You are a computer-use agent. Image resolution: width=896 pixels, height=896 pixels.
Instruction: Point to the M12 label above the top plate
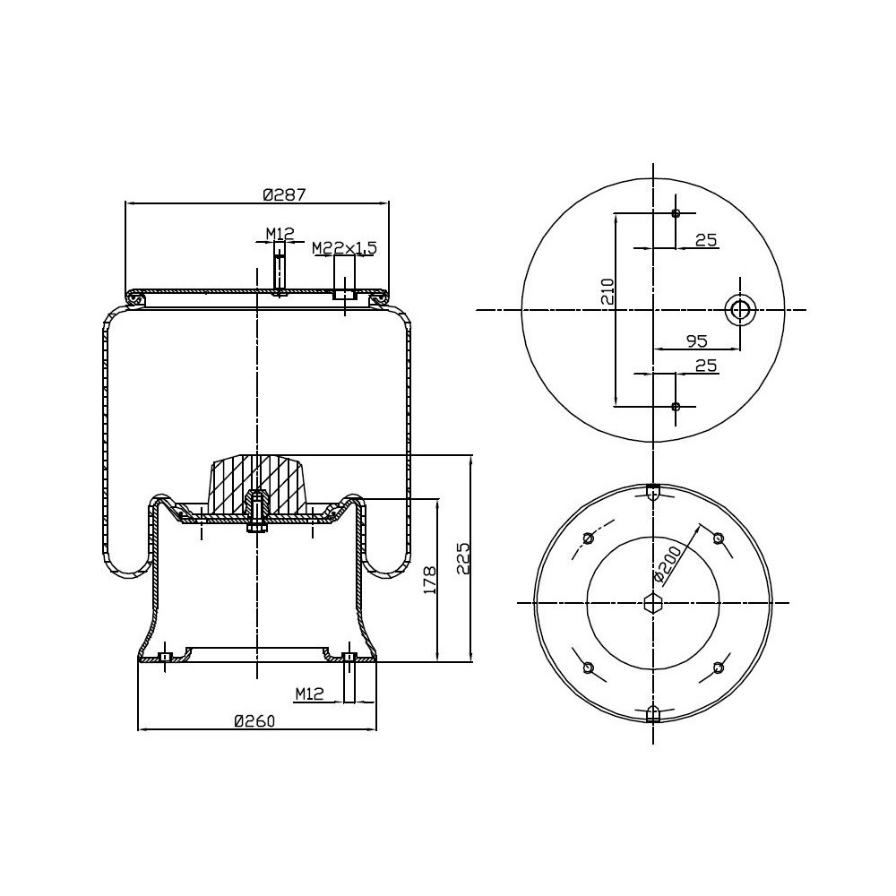pos(280,234)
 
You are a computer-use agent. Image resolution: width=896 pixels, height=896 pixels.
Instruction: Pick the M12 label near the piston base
pos(308,693)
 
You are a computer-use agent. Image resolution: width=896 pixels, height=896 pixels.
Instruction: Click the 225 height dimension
pos(461,559)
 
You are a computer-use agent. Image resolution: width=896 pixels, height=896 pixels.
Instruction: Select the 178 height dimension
pos(428,581)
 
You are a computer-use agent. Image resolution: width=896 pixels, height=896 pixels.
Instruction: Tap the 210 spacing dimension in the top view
pos(607,292)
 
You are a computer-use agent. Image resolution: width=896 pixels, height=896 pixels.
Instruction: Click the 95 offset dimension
pos(696,340)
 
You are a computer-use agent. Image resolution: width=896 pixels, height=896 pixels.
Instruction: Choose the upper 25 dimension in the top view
pos(706,239)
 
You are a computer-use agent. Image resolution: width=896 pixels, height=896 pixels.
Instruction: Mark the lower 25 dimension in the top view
pos(706,366)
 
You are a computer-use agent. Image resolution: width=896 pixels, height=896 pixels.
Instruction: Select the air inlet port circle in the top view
pos(740,310)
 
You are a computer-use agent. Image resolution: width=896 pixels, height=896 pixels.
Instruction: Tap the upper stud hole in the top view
pos(676,213)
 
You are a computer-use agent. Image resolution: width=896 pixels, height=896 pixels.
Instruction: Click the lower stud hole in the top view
pos(676,407)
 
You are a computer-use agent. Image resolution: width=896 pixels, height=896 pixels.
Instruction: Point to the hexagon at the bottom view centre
pos(653,602)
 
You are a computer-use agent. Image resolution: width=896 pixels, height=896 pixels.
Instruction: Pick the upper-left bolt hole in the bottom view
pos(588,538)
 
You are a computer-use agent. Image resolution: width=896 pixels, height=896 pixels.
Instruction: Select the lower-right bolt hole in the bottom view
pos(718,667)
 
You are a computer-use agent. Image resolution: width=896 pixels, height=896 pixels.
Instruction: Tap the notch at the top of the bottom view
pos(653,490)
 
